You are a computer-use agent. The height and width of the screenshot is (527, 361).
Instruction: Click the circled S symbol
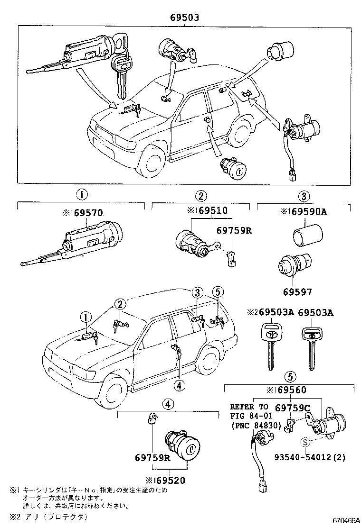[306, 442]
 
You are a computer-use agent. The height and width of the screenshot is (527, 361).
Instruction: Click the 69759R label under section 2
[233, 230]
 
